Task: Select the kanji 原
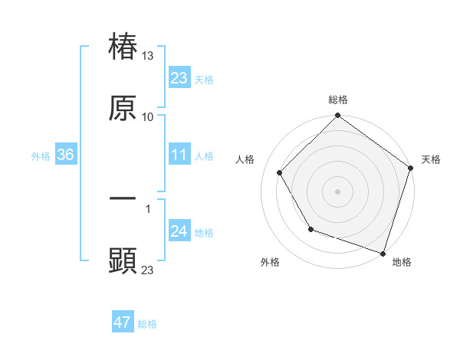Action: point(123,109)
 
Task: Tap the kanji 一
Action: point(123,199)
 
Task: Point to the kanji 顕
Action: point(123,261)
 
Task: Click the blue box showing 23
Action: point(179,77)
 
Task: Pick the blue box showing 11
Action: point(179,155)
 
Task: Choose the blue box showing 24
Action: point(179,232)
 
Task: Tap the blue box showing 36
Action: point(66,155)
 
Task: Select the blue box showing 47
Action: point(123,322)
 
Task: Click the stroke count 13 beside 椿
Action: point(148,56)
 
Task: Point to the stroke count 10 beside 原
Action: point(148,117)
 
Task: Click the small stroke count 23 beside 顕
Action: point(148,270)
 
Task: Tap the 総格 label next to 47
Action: point(147,324)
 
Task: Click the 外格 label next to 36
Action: point(41,156)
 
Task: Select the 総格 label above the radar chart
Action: point(337,100)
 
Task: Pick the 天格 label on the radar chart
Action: point(432,159)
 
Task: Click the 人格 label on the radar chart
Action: point(245,159)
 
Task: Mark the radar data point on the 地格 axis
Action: point(383,253)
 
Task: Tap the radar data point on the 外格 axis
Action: point(310,229)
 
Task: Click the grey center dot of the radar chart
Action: point(337,191)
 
